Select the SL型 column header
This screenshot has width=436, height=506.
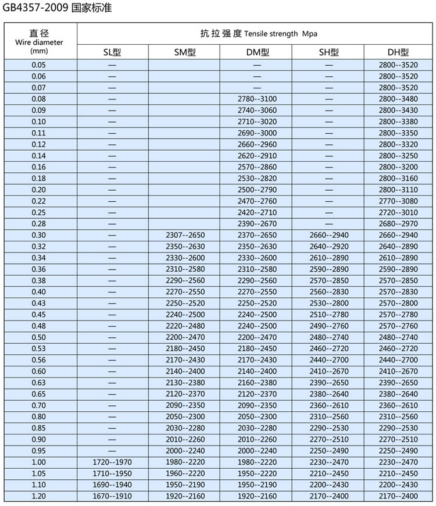pos(112,52)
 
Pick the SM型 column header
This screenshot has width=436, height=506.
pos(185,52)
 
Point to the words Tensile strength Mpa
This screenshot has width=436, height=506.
pos(281,34)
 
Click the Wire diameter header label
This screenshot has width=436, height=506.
pos(39,42)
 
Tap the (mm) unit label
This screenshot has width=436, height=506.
pos(39,51)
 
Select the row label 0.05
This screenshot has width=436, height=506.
pos(39,65)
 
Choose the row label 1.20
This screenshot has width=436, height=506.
pos(39,496)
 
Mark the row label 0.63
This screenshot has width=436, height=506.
pos(39,382)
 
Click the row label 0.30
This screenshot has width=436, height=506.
pos(39,235)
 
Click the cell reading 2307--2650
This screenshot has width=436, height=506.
pos(185,235)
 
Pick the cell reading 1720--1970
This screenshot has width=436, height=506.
pos(112,462)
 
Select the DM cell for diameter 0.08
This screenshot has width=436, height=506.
pos(257,99)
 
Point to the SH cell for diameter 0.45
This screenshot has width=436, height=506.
pos(329,314)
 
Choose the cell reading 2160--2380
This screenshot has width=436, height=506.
pos(257,382)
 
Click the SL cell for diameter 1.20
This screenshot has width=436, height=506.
pos(112,496)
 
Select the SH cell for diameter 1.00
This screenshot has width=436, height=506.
pos(329,462)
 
